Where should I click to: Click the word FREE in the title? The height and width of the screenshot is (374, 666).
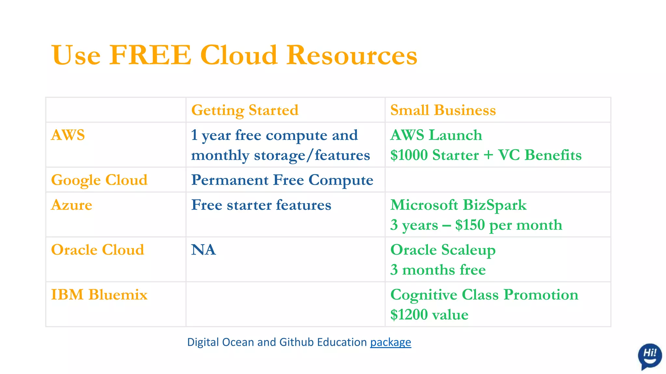150,55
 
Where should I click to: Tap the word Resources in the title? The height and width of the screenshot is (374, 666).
352,55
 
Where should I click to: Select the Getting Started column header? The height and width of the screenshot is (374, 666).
245,110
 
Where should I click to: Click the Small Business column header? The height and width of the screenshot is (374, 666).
443,110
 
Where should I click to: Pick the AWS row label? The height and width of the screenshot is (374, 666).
68,135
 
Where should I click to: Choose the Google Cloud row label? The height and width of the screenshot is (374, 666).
99,180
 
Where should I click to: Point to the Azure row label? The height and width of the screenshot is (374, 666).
72,205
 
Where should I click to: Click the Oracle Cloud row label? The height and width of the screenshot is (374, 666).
98,250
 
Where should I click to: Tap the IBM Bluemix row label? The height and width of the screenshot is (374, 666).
99,295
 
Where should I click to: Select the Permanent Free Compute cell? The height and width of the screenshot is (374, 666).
282,180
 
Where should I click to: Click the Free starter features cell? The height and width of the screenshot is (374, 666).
261,205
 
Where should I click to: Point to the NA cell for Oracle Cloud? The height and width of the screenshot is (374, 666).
204,250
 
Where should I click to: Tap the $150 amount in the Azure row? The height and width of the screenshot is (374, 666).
470,225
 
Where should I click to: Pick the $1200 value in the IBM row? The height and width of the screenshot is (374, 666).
409,315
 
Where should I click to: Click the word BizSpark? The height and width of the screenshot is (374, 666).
494,205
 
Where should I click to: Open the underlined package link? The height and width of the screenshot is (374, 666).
391,342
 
